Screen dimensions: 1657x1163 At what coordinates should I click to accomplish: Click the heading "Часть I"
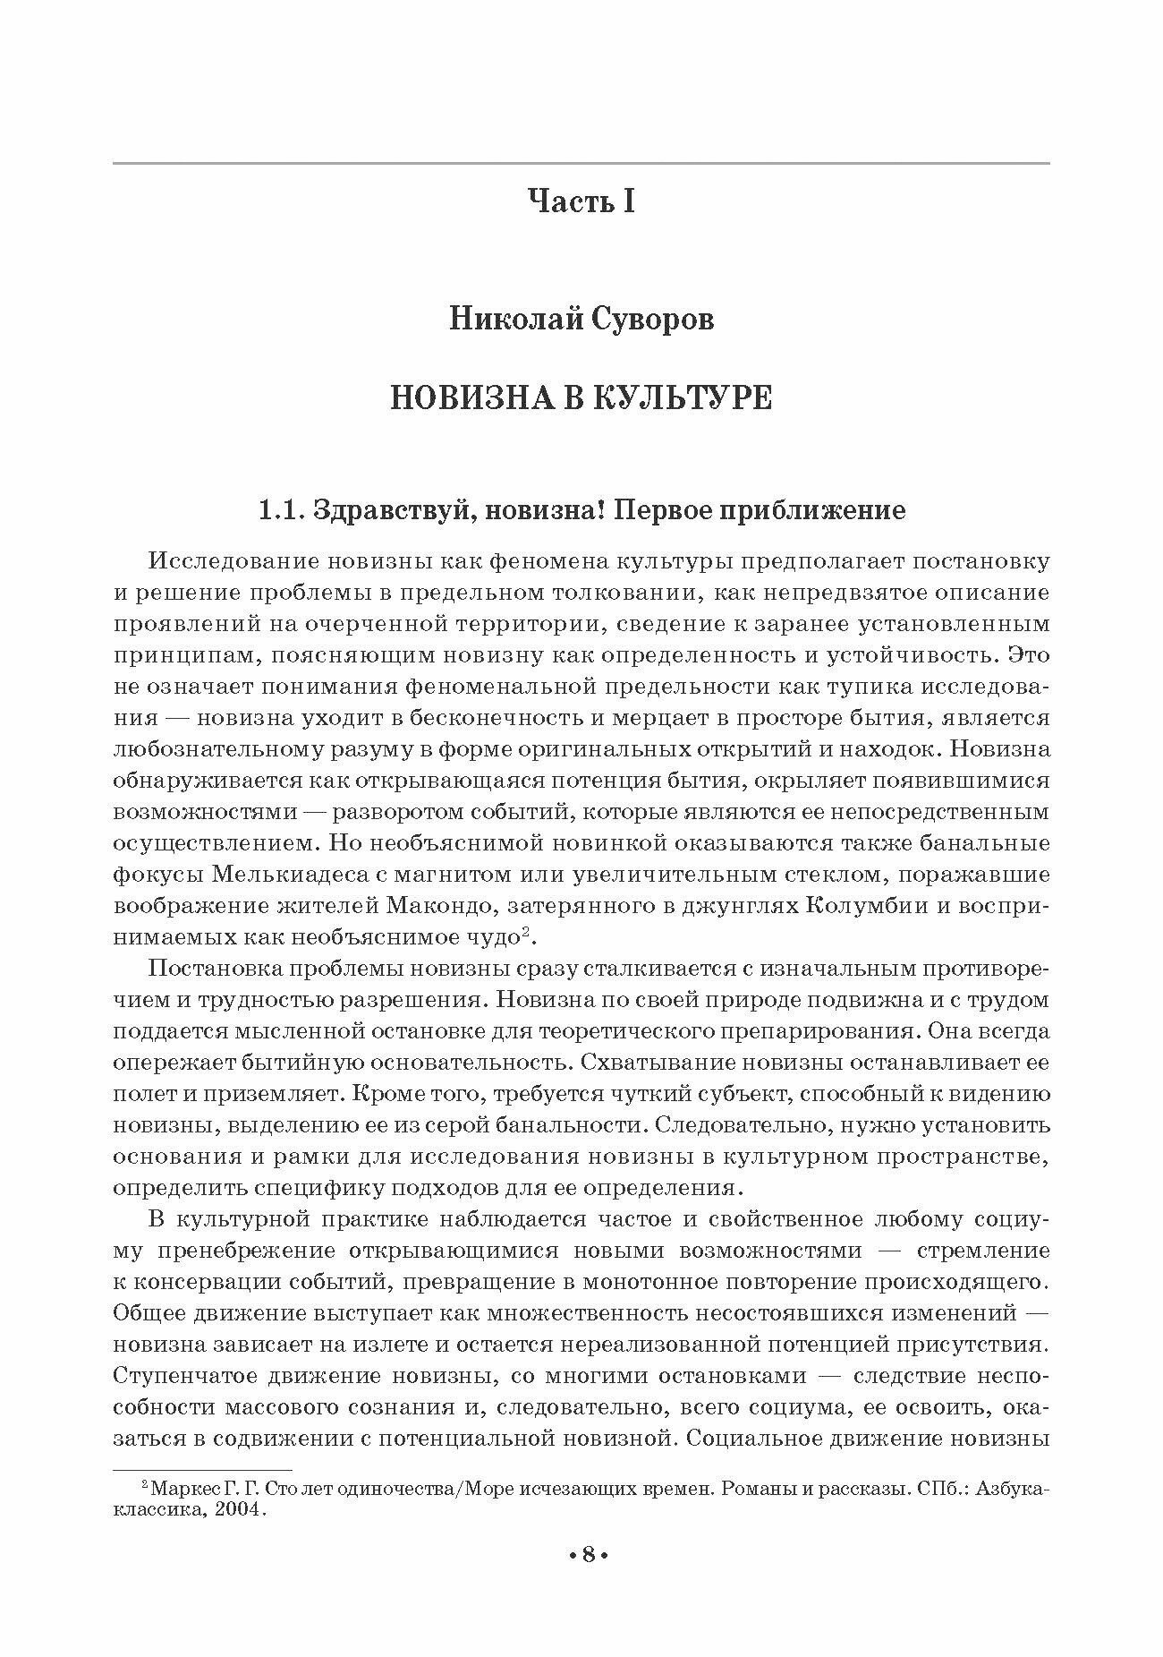[581, 201]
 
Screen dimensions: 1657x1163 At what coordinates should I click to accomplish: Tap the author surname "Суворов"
[653, 319]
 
